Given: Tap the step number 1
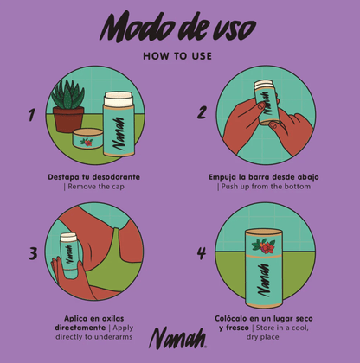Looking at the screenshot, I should (33, 113).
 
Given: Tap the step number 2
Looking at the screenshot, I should (202, 111).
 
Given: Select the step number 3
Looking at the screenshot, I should (33, 253).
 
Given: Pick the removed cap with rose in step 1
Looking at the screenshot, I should (86, 141).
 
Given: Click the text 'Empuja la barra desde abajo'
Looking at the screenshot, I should (264, 177).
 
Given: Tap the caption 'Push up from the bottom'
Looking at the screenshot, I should (264, 187).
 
